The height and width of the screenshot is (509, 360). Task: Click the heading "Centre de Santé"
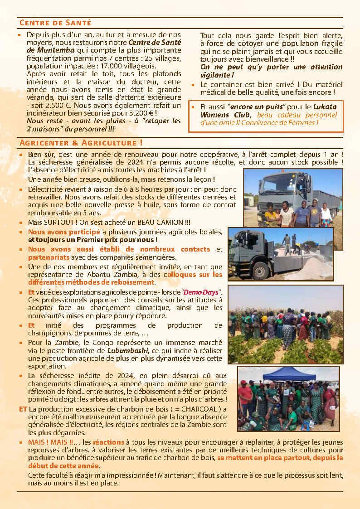(x=55, y=23)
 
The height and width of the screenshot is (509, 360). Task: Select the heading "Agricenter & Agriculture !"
(x=81, y=143)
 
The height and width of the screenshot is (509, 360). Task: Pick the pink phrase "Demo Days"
(x=204, y=292)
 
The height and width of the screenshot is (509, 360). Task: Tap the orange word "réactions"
(x=108, y=442)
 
